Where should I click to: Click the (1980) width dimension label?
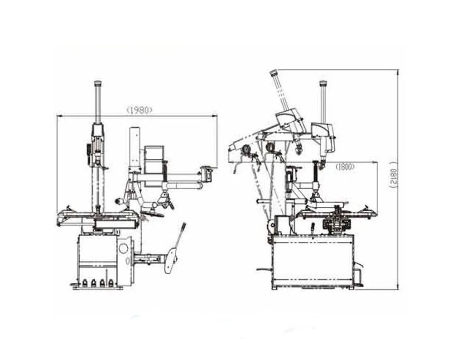click(140, 110)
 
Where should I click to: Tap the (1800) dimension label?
click(345, 167)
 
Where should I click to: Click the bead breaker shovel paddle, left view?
click(172, 261)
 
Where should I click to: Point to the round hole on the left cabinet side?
click(123, 248)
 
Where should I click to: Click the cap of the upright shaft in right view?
click(323, 83)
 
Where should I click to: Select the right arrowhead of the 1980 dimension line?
click(215, 116)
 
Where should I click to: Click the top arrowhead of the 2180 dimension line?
click(398, 72)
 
